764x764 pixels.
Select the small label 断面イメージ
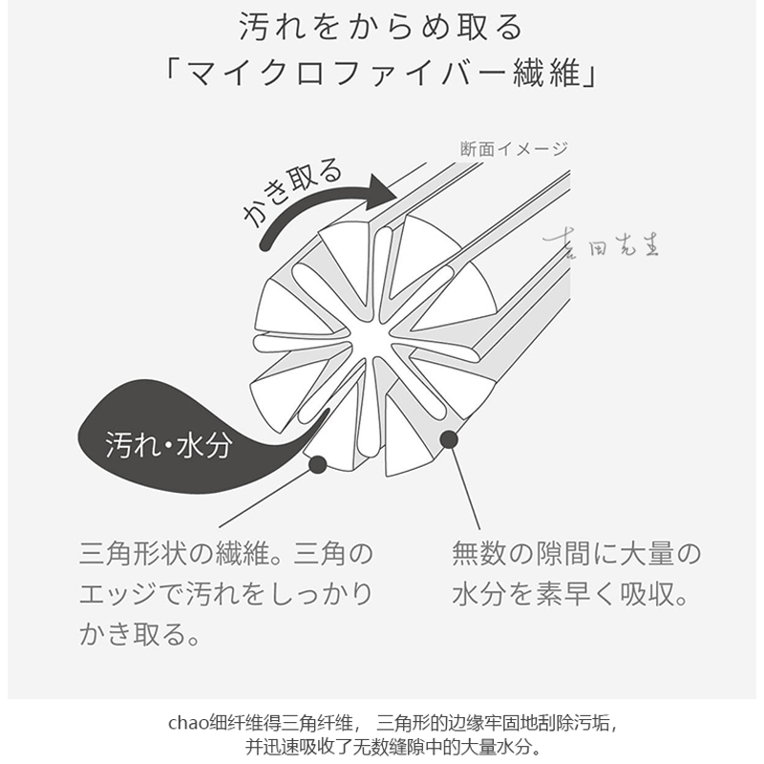(513, 148)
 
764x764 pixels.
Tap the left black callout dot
(318, 464)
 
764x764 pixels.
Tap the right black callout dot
(446, 440)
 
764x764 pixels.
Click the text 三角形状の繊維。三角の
(226, 555)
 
